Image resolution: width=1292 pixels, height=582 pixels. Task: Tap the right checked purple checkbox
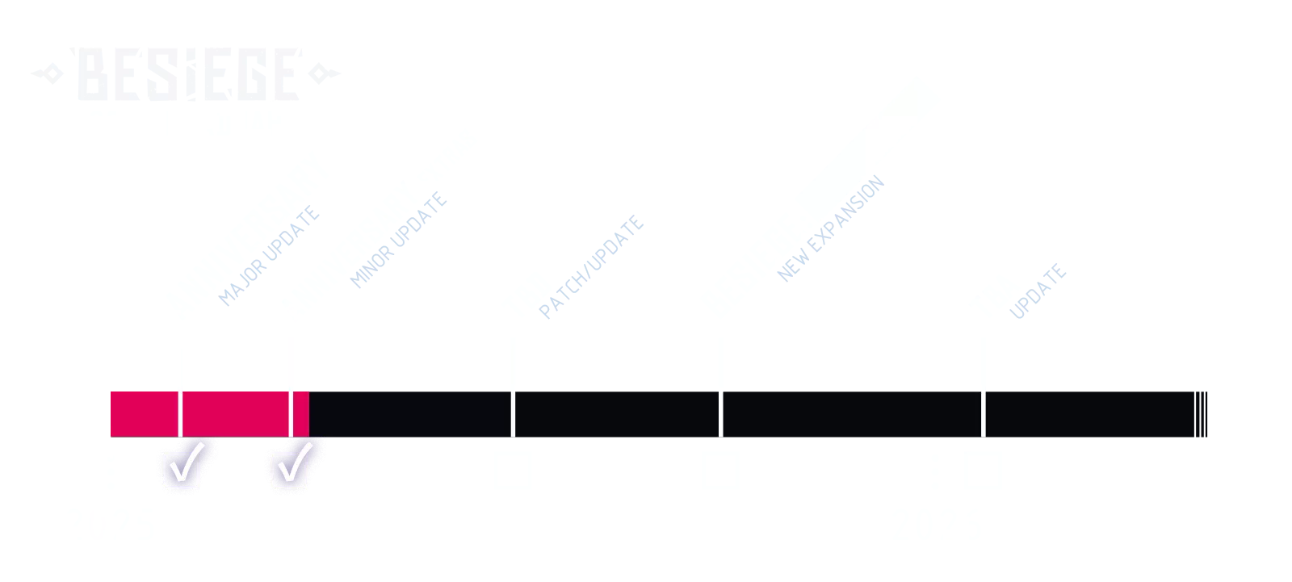click(292, 468)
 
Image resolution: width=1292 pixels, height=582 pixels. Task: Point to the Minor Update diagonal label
click(401, 240)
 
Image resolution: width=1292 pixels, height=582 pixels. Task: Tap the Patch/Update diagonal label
click(592, 267)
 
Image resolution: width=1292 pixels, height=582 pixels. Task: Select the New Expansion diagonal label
click(830, 228)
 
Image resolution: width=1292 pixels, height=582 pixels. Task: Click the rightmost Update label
click(1039, 291)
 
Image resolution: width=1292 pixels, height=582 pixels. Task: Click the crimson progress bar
click(208, 412)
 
